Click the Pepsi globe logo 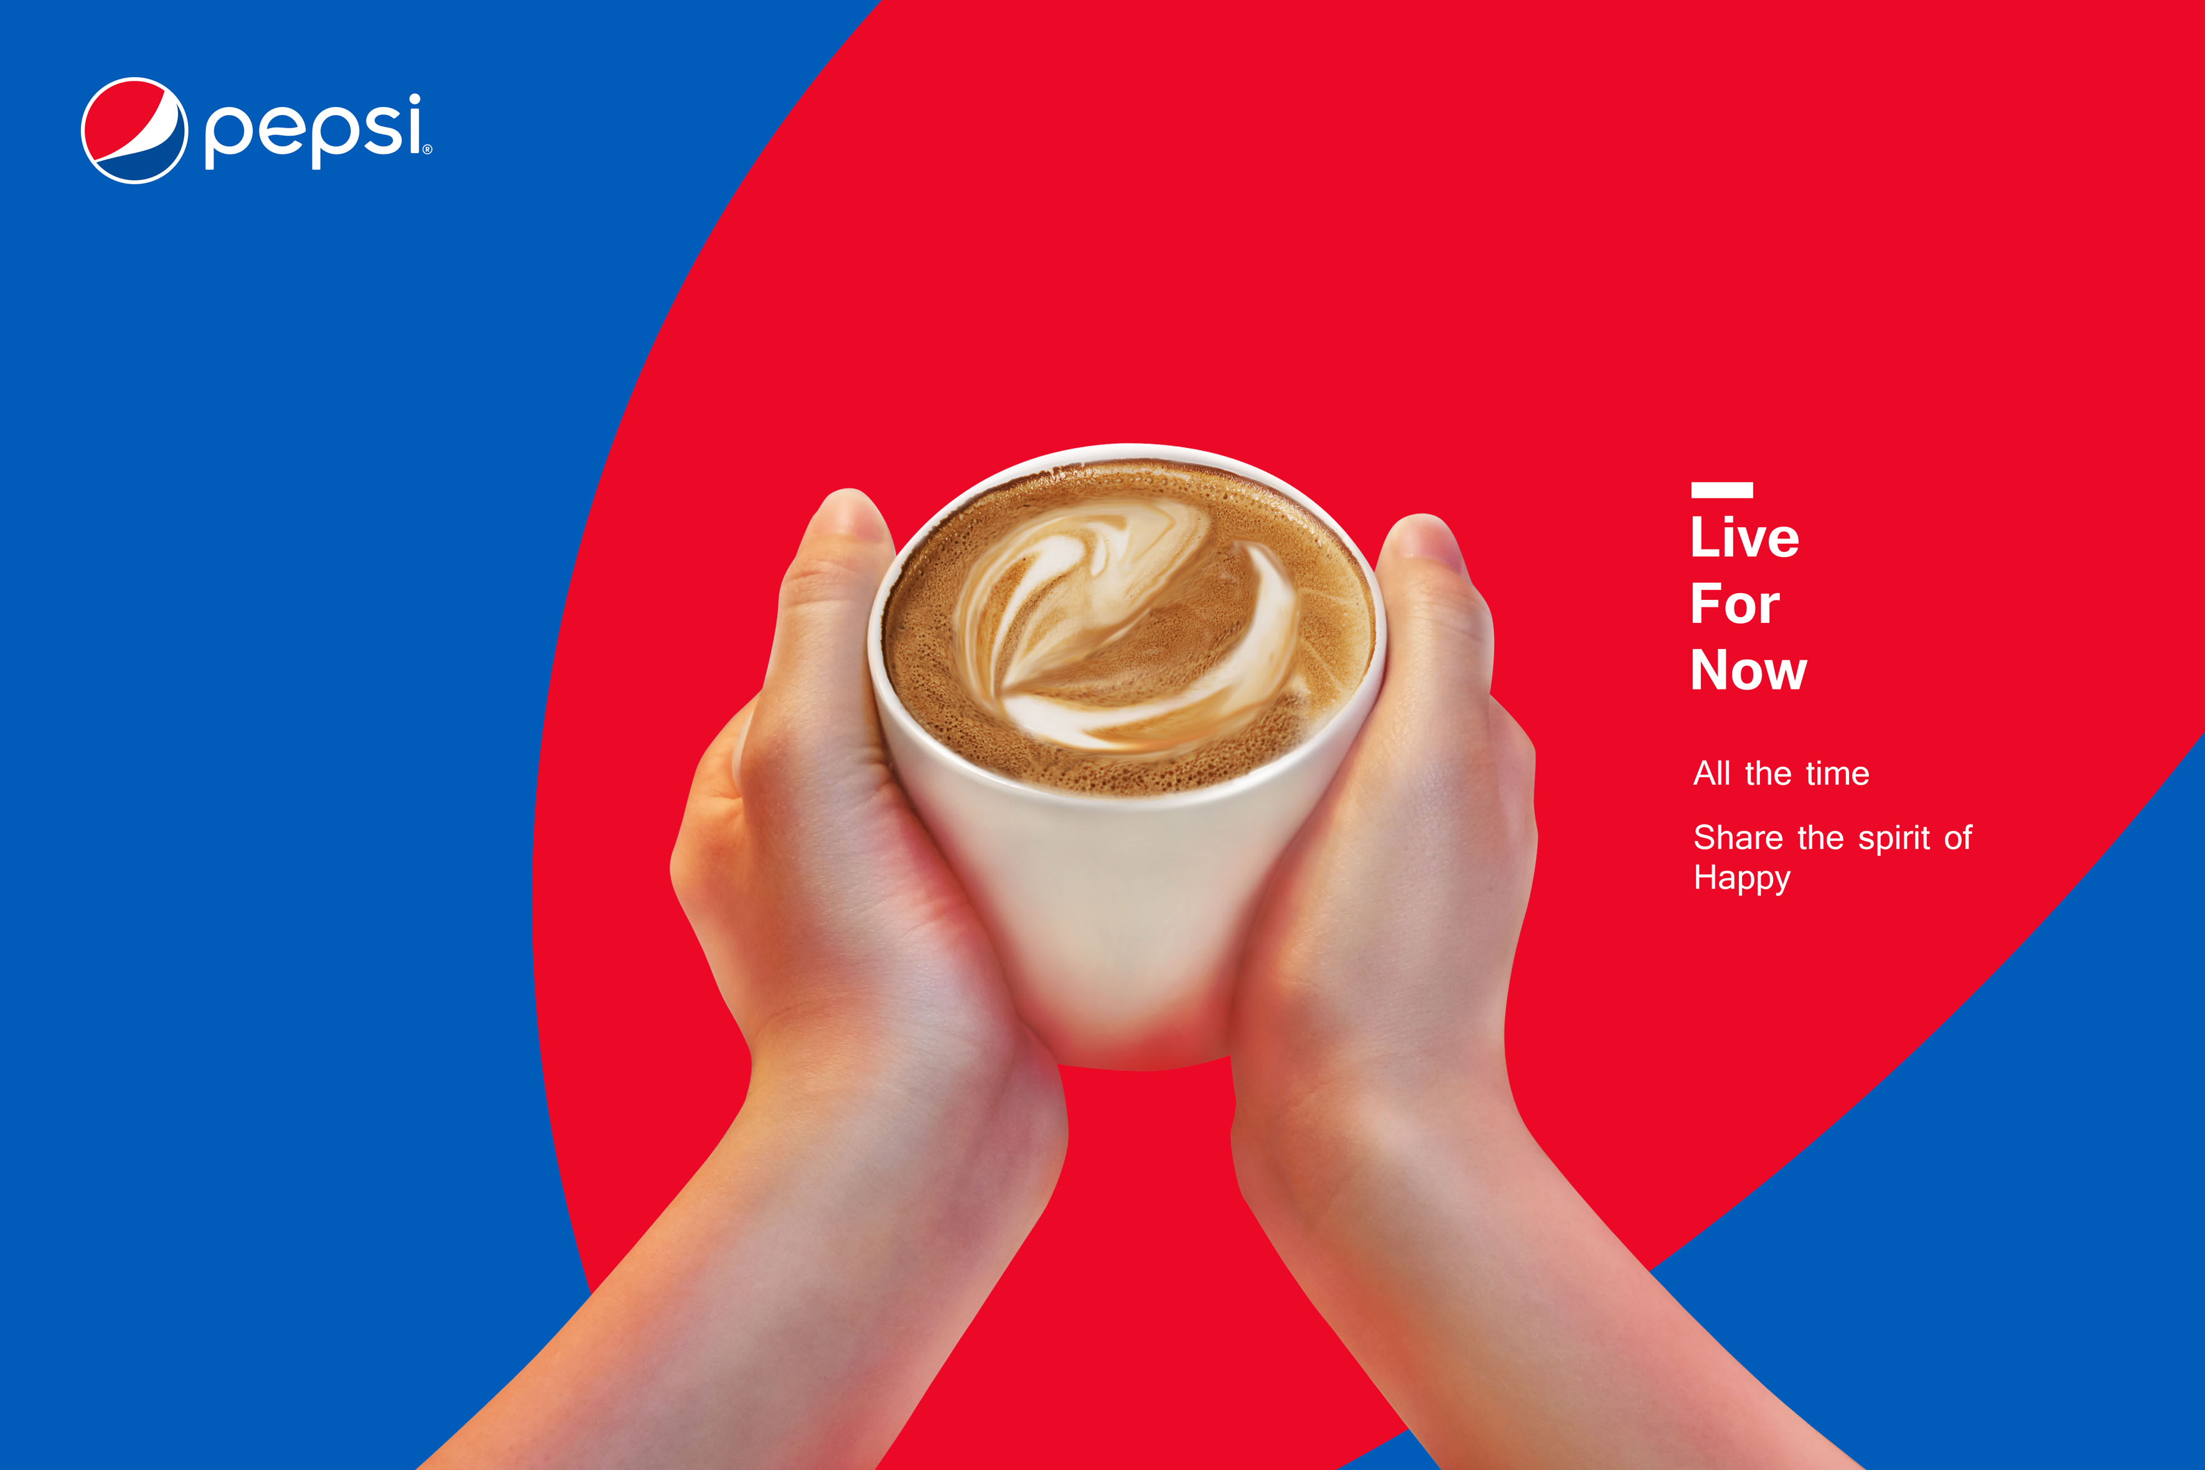(134, 130)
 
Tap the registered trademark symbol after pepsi (428, 149)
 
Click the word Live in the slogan (1744, 537)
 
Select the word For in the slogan (1735, 604)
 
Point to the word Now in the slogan (1748, 670)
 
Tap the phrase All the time (1781, 774)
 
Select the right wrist (1378, 1125)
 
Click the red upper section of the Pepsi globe (126, 111)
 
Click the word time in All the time (1837, 774)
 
